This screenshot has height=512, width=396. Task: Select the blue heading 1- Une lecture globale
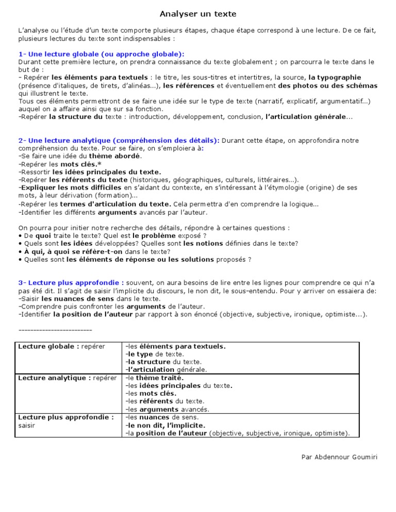(x=101, y=54)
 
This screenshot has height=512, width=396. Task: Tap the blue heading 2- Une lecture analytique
(x=119, y=141)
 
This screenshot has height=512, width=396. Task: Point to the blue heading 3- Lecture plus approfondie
(x=71, y=283)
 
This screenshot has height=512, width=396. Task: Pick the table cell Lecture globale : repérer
(x=61, y=347)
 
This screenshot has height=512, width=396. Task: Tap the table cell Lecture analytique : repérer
(x=67, y=378)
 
